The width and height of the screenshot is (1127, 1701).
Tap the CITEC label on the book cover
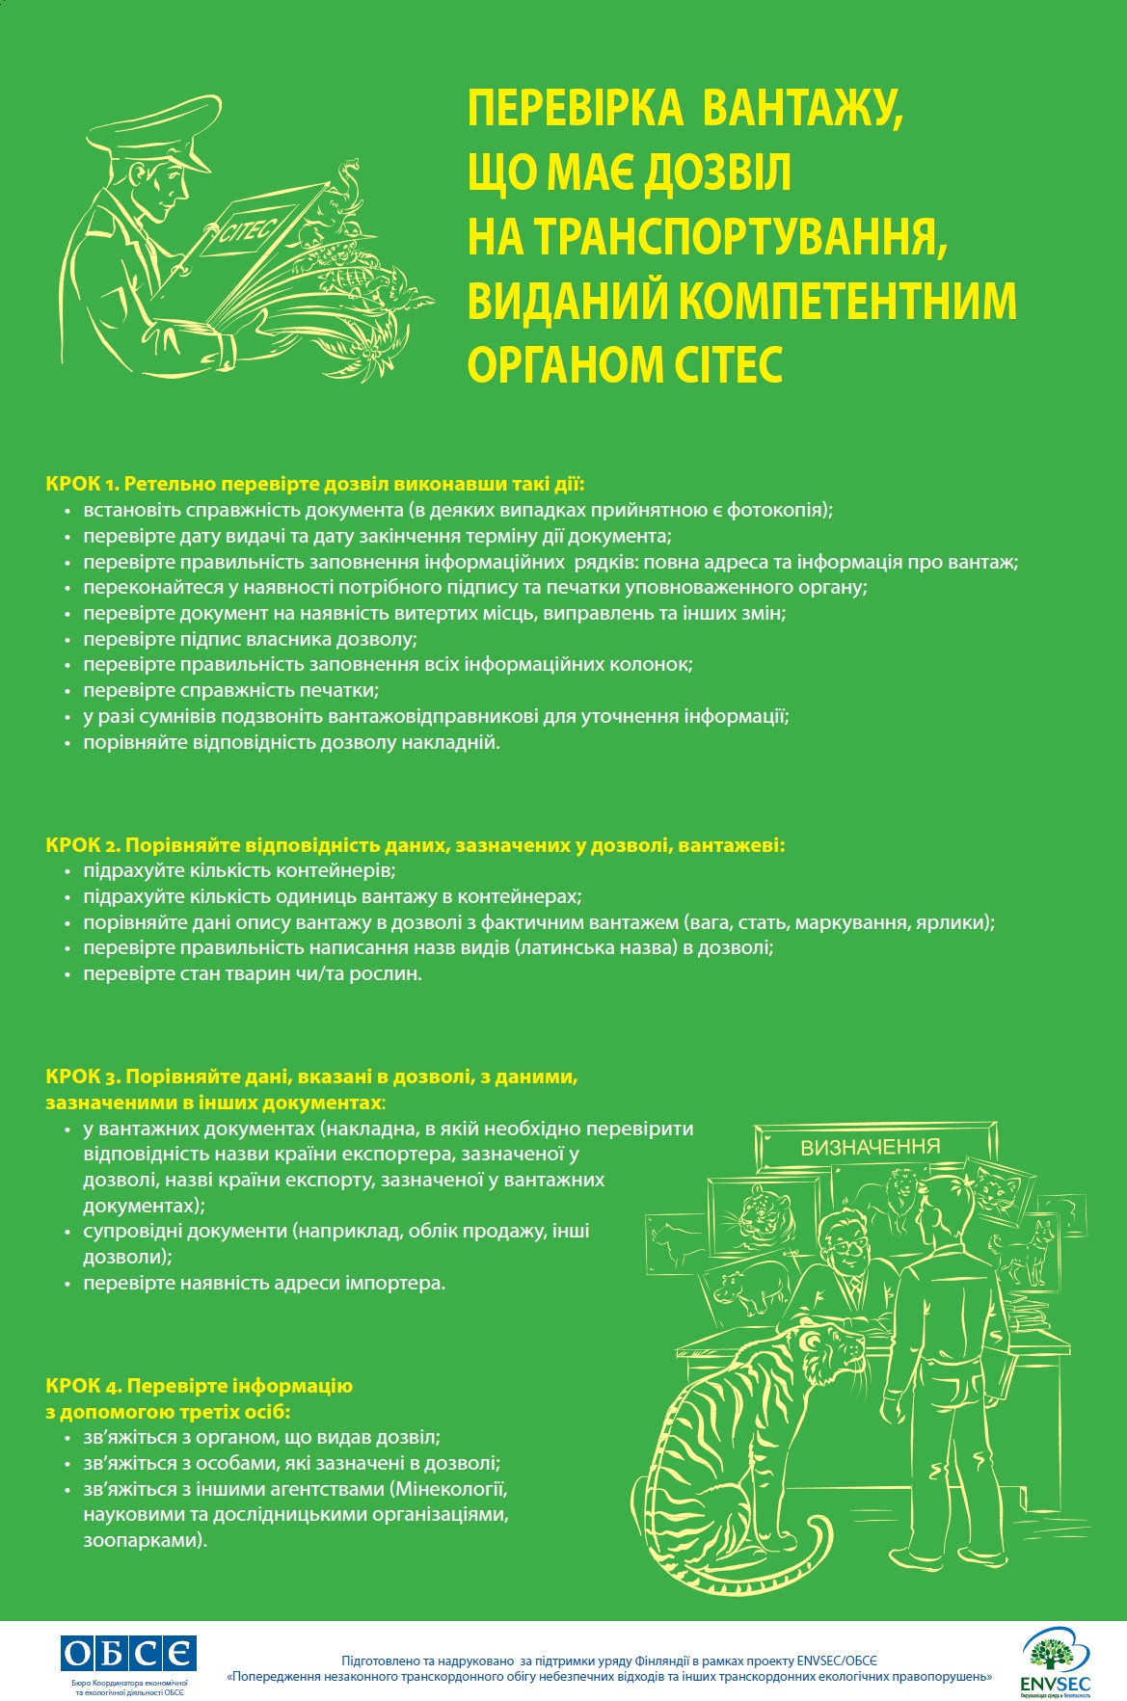pyautogui.click(x=249, y=230)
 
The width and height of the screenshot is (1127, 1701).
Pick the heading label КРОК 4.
pyautogui.click(x=82, y=1385)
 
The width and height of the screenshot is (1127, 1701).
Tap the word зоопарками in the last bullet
pyautogui.click(x=144, y=1539)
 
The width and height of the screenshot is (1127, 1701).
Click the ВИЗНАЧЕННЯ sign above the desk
pyautogui.click(x=870, y=1147)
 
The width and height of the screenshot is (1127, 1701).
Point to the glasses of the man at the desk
pyautogui.click(x=849, y=1247)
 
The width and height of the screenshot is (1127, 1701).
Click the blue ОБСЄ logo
pyautogui.click(x=128, y=1653)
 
